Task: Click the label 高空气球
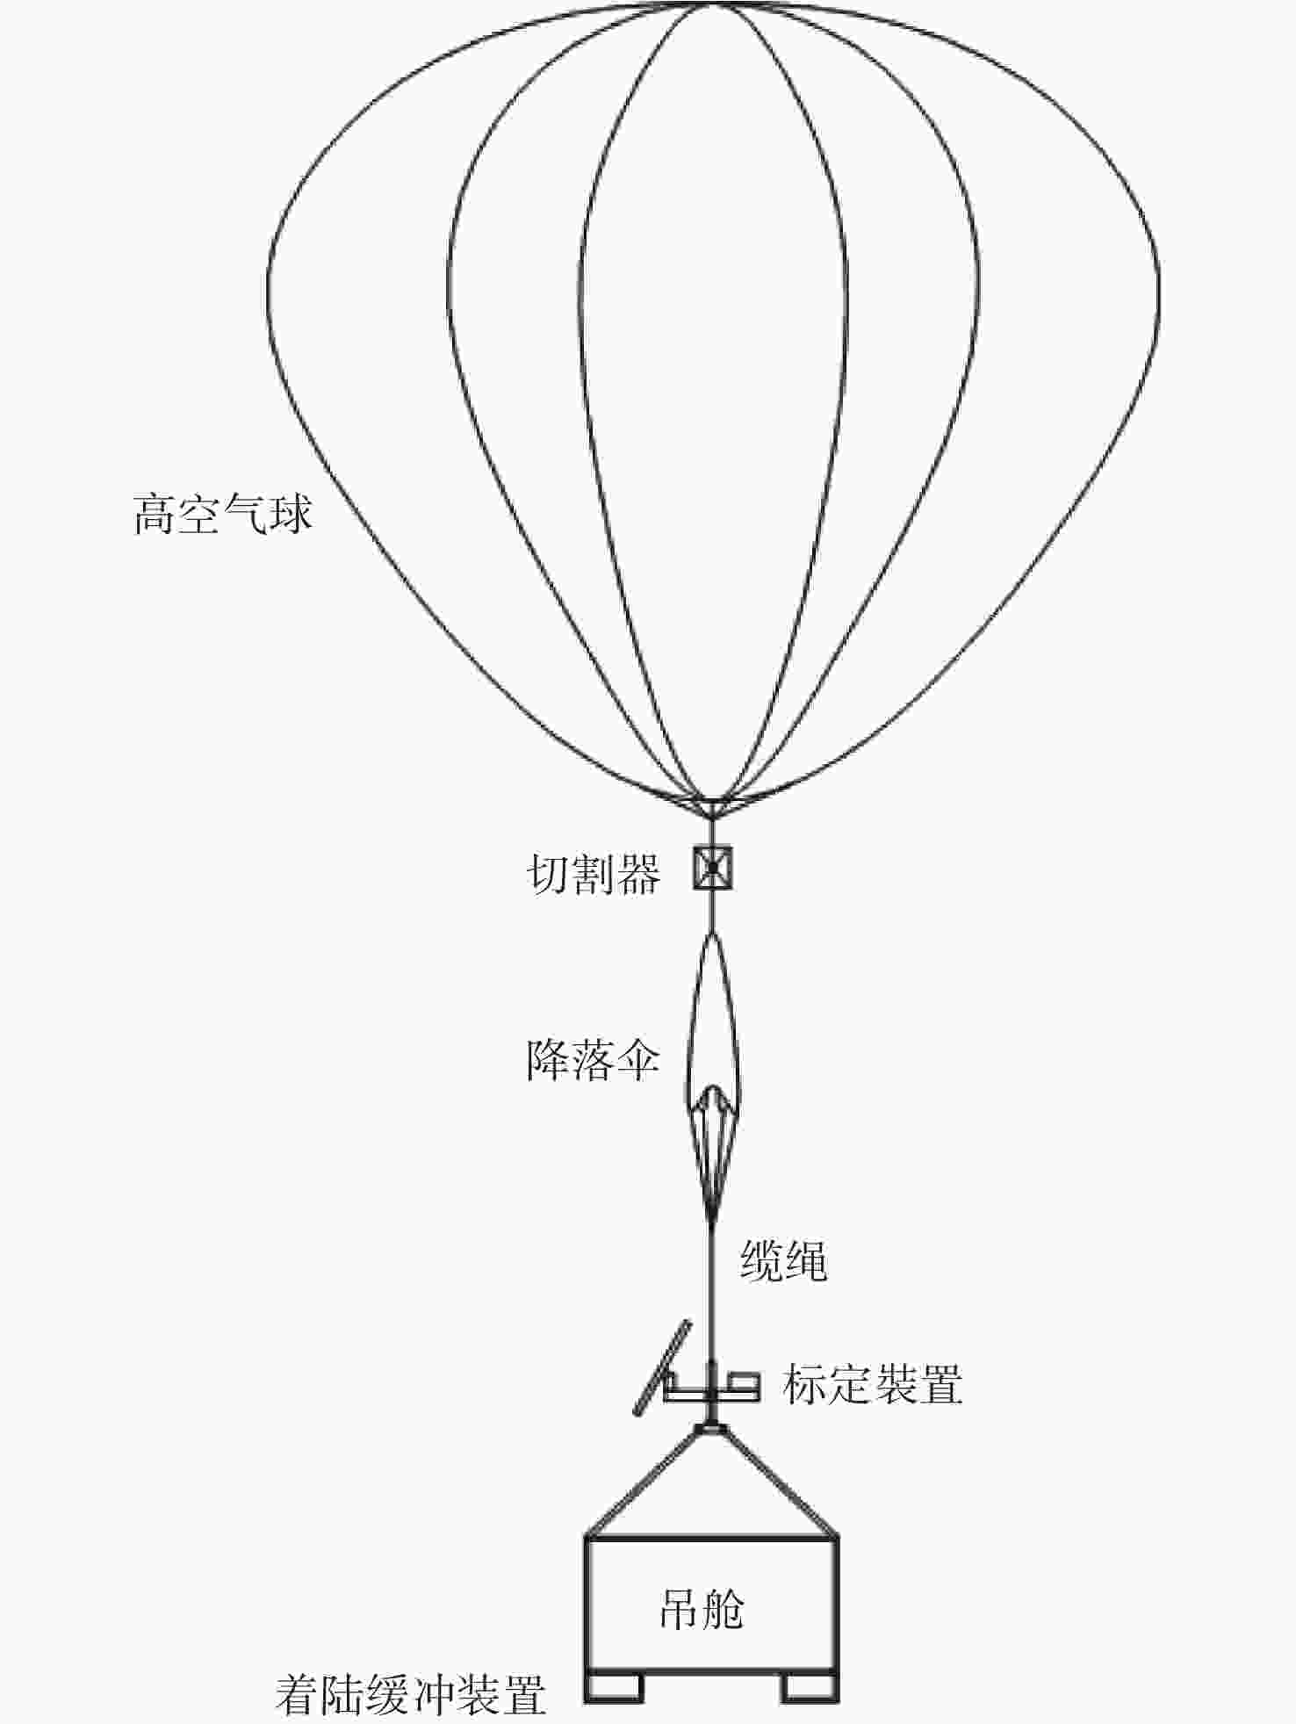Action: pyautogui.click(x=223, y=515)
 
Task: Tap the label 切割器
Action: pyautogui.click(x=594, y=874)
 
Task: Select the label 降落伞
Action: pyautogui.click(x=594, y=1060)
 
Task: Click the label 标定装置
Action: pyautogui.click(x=873, y=1384)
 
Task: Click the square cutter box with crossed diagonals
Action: pyautogui.click(x=713, y=868)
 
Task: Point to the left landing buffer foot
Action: pyautogui.click(x=613, y=1686)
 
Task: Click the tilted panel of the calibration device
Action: pyautogui.click(x=662, y=1366)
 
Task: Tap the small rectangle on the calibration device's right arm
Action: pyautogui.click(x=745, y=1381)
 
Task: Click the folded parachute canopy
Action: pyautogui.click(x=713, y=1019)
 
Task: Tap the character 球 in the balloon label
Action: pyautogui.click(x=292, y=515)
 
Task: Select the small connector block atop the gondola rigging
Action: pyautogui.click(x=712, y=1430)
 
